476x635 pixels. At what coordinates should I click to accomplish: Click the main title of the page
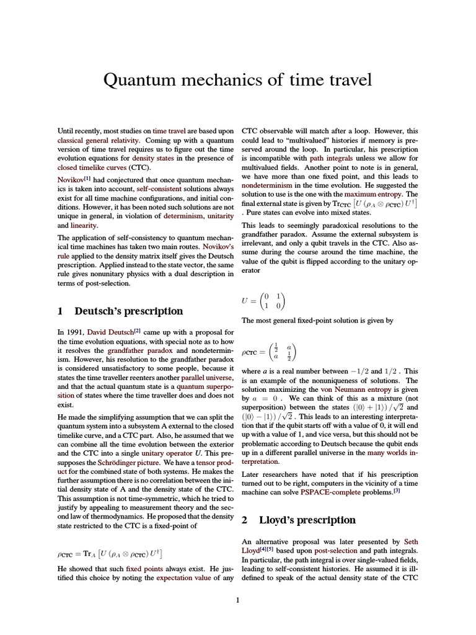pyautogui.click(x=237, y=80)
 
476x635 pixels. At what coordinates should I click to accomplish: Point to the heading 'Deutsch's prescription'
pyautogui.click(x=129, y=311)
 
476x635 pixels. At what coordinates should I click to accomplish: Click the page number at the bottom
pyautogui.click(x=237, y=600)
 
